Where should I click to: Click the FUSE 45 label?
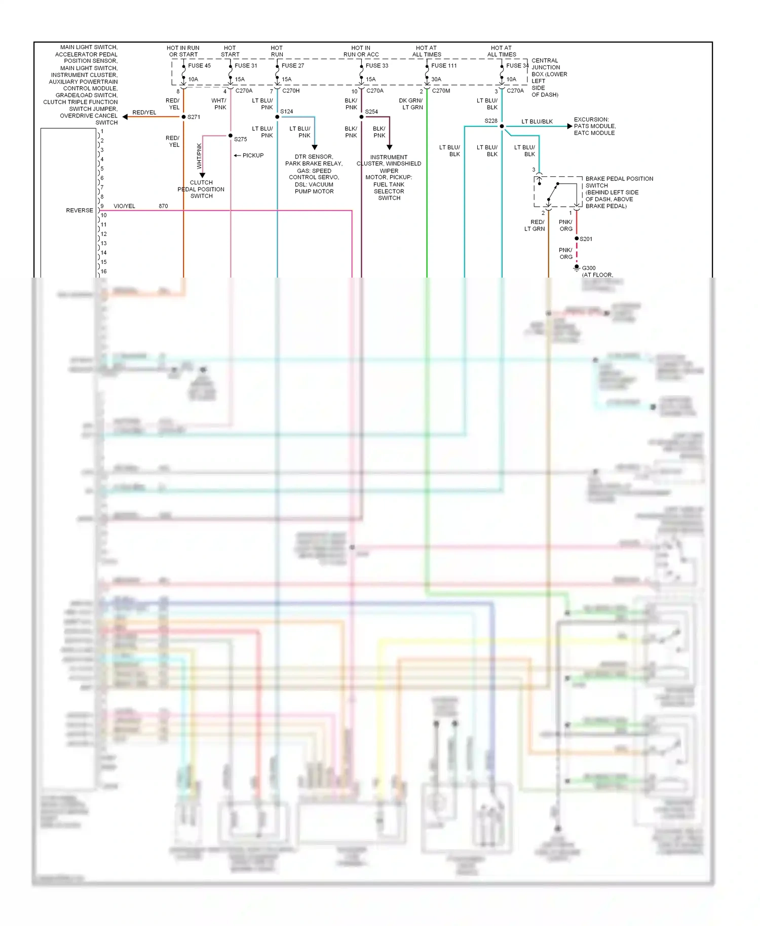[199, 65]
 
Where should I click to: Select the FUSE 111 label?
[444, 65]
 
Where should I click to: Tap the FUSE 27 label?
[293, 65]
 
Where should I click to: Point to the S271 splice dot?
[183, 117]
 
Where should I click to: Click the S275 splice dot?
[231, 136]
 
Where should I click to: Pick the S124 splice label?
[287, 111]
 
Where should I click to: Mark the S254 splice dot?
[361, 117]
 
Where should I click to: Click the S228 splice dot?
[502, 126]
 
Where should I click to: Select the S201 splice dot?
[577, 239]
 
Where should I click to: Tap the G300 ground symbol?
[577, 268]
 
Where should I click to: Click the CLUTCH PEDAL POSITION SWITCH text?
[201, 189]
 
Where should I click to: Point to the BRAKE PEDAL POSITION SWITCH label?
[619, 192]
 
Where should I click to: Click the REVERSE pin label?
[80, 210]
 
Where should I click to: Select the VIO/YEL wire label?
[124, 206]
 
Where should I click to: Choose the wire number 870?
[163, 206]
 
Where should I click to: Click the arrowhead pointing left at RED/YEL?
[125, 117]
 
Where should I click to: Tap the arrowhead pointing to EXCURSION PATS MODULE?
[569, 126]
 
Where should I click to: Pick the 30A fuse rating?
[436, 79]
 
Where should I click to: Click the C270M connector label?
[441, 91]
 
